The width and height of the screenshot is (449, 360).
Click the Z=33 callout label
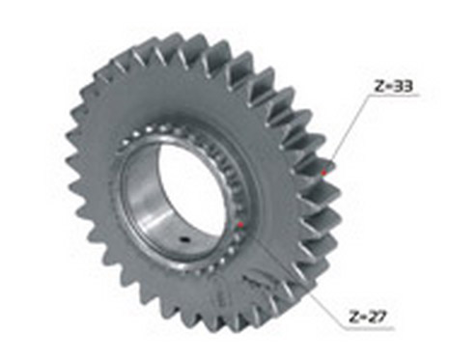click(x=393, y=87)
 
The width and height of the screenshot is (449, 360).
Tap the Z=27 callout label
click(x=367, y=317)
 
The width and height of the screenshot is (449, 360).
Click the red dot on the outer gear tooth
click(x=323, y=173)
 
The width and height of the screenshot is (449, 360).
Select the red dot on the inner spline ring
click(x=240, y=224)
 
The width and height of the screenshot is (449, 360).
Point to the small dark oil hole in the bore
click(x=184, y=239)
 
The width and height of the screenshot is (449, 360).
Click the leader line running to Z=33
click(x=347, y=133)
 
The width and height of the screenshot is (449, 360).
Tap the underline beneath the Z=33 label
click(x=394, y=96)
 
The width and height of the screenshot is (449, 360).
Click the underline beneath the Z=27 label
click(x=369, y=329)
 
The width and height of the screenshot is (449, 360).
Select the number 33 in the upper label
click(x=403, y=87)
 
